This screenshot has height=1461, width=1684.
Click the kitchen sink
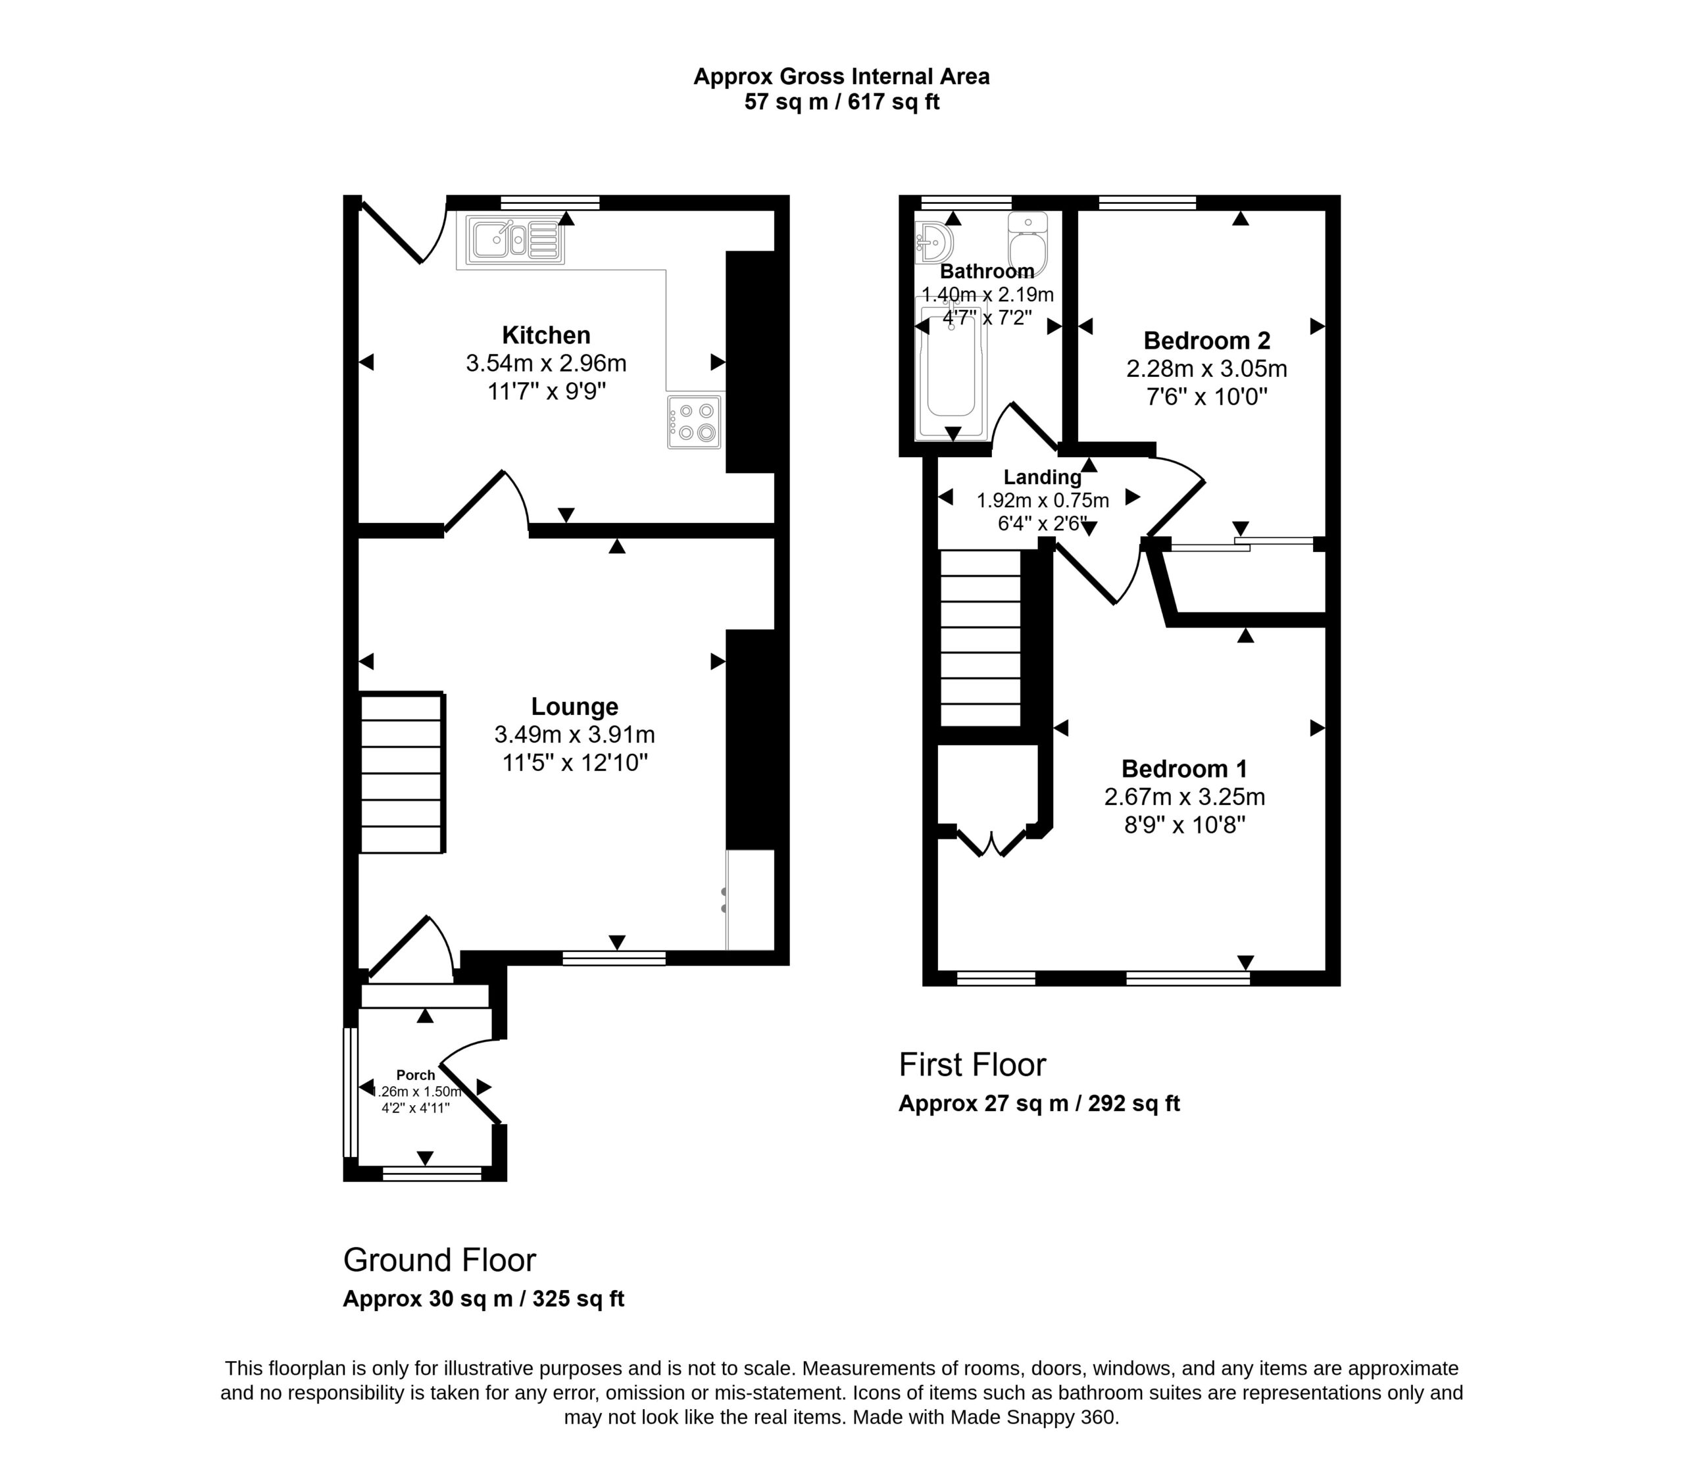pyautogui.click(x=514, y=239)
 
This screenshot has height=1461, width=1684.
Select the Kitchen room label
pyautogui.click(x=546, y=335)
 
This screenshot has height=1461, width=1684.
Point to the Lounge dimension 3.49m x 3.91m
pyautogui.click(x=575, y=735)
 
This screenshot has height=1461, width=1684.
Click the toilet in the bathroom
pyautogui.click(x=1027, y=244)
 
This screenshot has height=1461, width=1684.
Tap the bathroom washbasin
pyautogui.click(x=934, y=242)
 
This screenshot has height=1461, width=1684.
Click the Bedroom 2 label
pyautogui.click(x=1207, y=340)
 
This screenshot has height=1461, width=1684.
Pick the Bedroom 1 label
pyautogui.click(x=1184, y=769)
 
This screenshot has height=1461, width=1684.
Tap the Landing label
pyautogui.click(x=1043, y=477)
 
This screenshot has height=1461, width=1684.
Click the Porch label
pyautogui.click(x=416, y=1076)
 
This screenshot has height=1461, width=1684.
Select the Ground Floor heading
pyautogui.click(x=439, y=1260)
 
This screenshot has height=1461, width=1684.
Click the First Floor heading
pyautogui.click(x=972, y=1065)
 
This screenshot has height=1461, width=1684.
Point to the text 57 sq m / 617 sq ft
pyautogui.click(x=842, y=103)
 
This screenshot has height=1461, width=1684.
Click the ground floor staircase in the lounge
pyautogui.click(x=402, y=773)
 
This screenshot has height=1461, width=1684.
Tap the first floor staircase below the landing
pyautogui.click(x=981, y=638)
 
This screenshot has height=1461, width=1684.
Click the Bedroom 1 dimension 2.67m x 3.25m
pyautogui.click(x=1184, y=797)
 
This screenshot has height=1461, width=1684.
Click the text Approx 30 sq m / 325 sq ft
pyautogui.click(x=483, y=1299)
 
